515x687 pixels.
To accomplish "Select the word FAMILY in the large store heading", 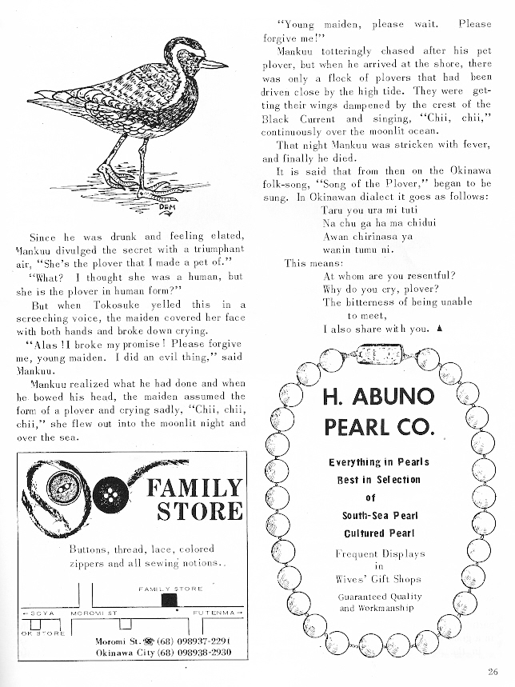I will coord(193,487).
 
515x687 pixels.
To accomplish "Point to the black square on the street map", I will coord(168,599).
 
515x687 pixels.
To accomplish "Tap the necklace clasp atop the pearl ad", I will coord(378,353).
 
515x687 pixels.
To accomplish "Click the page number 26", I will coord(493,672).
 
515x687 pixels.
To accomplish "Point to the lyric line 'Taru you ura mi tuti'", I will coord(363,210).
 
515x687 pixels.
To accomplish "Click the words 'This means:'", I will coord(314,262).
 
